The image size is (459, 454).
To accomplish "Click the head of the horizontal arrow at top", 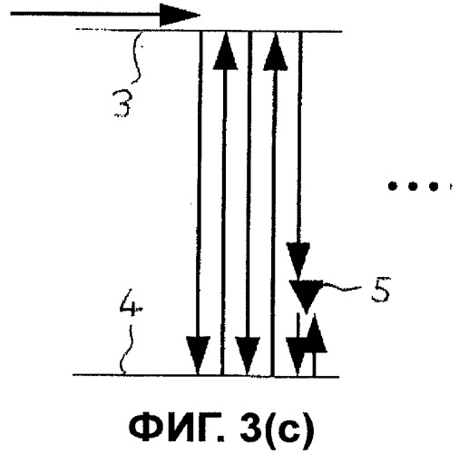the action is click(x=179, y=15).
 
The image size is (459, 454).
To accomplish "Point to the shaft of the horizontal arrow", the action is click(x=85, y=14).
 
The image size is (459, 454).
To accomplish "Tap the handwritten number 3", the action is click(x=122, y=104).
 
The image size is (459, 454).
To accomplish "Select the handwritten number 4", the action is click(x=131, y=302).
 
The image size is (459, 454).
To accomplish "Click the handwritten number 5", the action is click(x=380, y=290).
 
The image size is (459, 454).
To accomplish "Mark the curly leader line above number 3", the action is click(x=138, y=56).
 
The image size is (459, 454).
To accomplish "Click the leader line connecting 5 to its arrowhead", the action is click(x=342, y=287).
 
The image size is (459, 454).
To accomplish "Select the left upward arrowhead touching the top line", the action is click(x=225, y=51).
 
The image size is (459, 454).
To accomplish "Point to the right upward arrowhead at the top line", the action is click(x=275, y=52).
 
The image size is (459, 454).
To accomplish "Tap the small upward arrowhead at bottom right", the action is click(x=315, y=333).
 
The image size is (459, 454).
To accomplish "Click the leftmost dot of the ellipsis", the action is click(x=392, y=186).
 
